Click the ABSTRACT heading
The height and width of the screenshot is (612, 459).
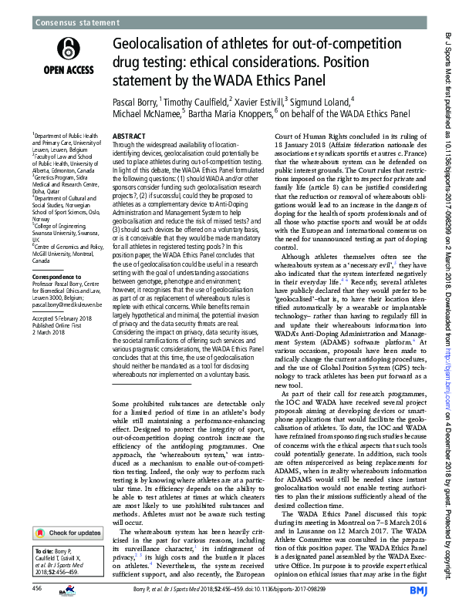coord(129,134)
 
